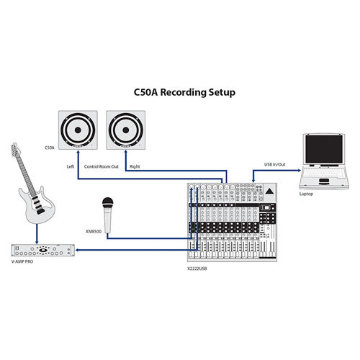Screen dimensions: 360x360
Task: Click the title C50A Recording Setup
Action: [184, 92]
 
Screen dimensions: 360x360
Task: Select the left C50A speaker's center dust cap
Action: [78, 130]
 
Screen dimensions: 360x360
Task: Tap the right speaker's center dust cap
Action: [126, 130]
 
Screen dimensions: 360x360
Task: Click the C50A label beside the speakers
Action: [50, 148]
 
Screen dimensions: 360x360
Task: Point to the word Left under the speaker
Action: [71, 166]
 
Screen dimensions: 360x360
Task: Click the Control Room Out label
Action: [102, 166]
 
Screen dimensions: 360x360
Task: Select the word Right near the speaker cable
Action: [135, 166]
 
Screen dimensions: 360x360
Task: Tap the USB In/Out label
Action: [275, 165]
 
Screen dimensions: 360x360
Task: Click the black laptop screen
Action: [324, 149]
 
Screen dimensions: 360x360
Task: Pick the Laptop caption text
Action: [306, 194]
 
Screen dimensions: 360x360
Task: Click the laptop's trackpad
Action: [324, 181]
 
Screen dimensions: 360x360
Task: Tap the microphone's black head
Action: [108, 203]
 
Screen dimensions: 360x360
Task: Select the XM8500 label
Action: [94, 232]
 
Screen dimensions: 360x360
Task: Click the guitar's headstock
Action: [15, 149]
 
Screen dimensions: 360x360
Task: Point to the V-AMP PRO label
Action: [22, 261]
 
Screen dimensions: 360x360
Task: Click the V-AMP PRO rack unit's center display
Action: [43, 250]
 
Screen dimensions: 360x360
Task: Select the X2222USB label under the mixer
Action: [197, 269]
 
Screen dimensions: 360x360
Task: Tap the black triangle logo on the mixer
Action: [269, 192]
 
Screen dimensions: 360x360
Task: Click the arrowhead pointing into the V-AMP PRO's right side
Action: [77, 250]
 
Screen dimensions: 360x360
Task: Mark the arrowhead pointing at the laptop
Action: [299, 171]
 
